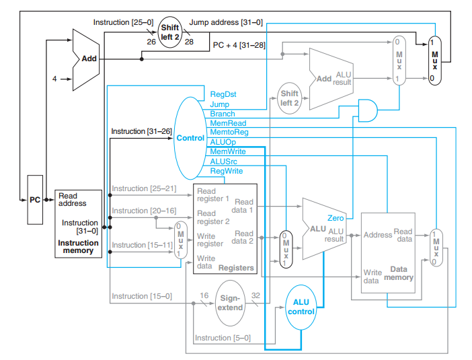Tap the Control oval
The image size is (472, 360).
click(190, 138)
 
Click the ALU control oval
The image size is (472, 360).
click(301, 307)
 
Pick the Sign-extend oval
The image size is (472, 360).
click(230, 303)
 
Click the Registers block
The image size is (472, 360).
click(225, 228)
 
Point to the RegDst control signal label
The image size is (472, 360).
click(223, 95)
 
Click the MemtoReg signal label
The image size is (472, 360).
click(229, 133)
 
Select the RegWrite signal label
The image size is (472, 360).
click(227, 172)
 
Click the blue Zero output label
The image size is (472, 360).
click(336, 218)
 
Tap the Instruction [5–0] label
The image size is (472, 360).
click(223, 338)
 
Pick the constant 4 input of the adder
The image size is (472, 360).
click(54, 79)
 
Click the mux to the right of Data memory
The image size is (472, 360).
click(436, 247)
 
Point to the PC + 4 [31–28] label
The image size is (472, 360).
click(243, 45)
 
